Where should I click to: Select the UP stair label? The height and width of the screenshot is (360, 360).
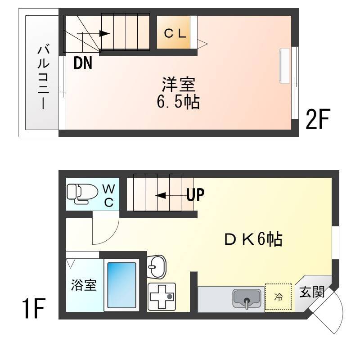click(x=195, y=195)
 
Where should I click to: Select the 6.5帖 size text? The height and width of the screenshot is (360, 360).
click(x=178, y=103)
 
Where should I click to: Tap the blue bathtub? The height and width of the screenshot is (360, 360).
click(x=121, y=284)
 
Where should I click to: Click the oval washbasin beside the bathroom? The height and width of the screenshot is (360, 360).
click(x=156, y=267)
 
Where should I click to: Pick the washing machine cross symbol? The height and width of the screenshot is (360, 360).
click(x=162, y=297)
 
